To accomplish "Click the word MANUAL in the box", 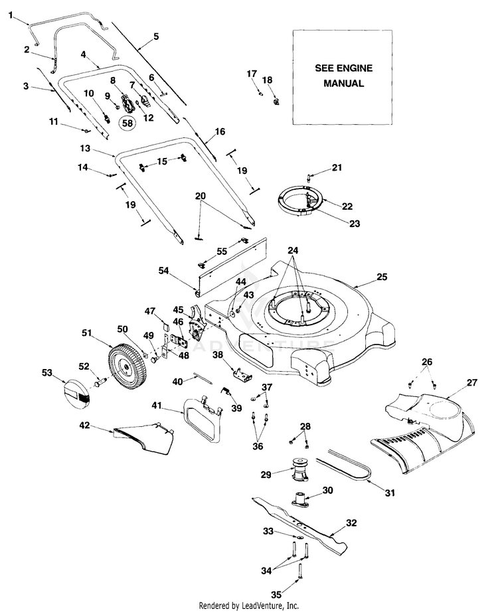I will click(x=343, y=84).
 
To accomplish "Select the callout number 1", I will click(x=11, y=14).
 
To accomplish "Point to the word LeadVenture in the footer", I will click(x=264, y=605).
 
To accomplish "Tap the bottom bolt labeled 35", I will click(x=301, y=571).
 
